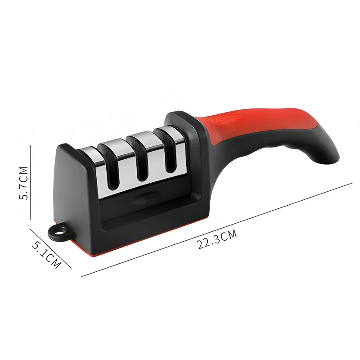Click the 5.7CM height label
click(24, 183)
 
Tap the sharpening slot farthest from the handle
click(112, 170)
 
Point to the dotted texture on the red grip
click(221, 117)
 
